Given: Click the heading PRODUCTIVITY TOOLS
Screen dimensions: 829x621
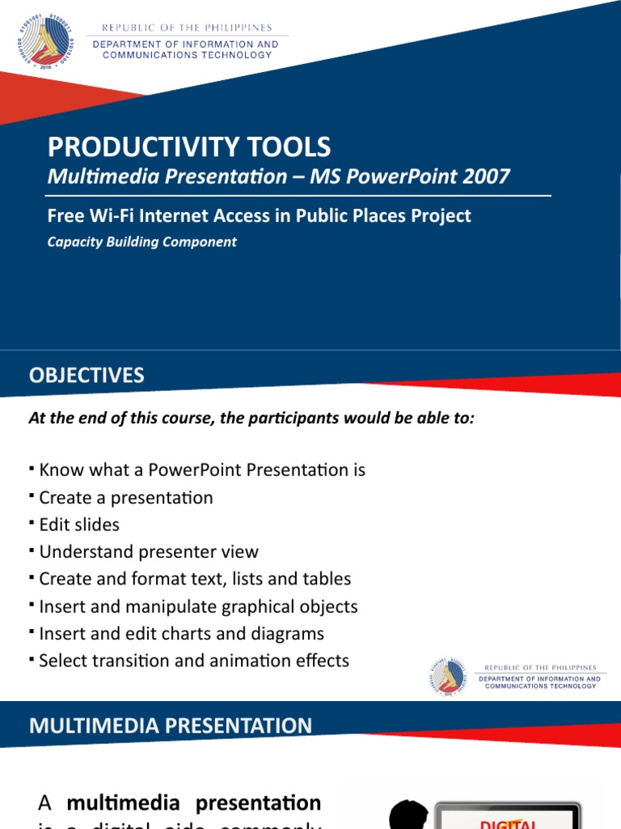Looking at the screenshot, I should [189, 147].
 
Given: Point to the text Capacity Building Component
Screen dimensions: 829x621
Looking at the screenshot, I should [142, 241].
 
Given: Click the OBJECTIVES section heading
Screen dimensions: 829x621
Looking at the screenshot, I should [87, 375].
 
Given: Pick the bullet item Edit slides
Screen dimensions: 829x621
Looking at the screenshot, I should [79, 525].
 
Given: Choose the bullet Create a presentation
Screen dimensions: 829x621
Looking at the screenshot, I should [126, 497].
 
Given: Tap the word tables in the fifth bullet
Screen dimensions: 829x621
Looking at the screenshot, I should [326, 579].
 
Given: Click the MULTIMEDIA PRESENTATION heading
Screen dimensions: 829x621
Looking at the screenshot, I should [171, 725].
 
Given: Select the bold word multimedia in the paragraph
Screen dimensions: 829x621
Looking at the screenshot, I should [117, 803].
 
